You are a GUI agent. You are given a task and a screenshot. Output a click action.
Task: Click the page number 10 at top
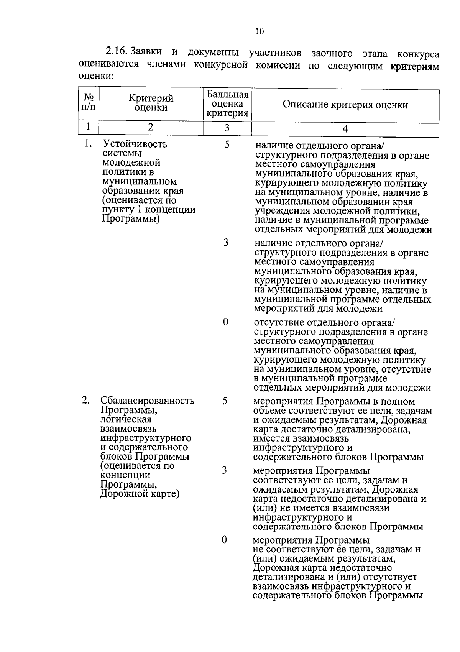tap(260, 32)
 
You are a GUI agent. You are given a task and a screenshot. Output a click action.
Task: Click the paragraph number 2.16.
tap(117, 51)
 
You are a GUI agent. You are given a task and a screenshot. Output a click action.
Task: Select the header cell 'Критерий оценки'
tap(151, 103)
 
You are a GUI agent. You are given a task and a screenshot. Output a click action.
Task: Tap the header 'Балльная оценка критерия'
tap(227, 104)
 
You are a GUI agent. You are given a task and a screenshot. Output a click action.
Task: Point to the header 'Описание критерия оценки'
tap(345, 105)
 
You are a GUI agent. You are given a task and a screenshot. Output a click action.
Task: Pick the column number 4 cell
tap(345, 129)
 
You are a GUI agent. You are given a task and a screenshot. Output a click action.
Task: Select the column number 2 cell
tap(151, 127)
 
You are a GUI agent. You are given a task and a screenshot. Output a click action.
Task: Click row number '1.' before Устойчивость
tap(89, 144)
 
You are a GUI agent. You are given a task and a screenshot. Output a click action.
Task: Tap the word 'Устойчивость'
tap(135, 145)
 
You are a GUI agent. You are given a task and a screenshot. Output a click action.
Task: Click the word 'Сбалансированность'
tap(147, 401)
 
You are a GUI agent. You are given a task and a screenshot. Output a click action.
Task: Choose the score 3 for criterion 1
tap(226, 242)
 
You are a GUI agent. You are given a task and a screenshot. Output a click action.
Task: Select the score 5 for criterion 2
tap(225, 401)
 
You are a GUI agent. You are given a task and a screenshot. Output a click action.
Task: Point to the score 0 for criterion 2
tap(224, 540)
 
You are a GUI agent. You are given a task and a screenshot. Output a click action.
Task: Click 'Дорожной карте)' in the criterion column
tap(140, 494)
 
